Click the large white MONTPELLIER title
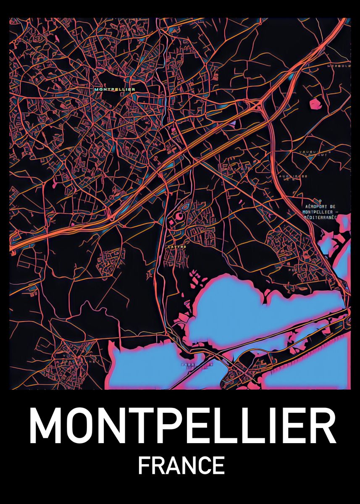point(182,425)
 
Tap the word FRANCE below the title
point(181,465)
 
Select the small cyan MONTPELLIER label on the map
point(115,89)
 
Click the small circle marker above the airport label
point(320,201)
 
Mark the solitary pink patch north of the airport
point(315,103)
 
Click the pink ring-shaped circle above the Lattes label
point(179,216)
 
